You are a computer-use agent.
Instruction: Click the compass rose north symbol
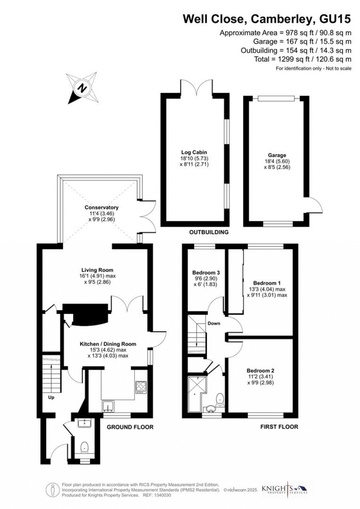coord(83,87)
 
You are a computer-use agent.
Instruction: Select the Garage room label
coord(277,155)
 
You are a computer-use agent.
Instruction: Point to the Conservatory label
coord(101,207)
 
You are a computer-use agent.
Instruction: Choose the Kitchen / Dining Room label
coord(108,344)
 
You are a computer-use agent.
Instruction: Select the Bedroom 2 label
coord(260,371)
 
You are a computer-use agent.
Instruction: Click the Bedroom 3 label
coord(206,273)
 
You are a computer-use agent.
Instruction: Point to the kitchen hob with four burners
coord(140,387)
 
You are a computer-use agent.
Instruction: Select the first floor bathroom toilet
coord(220,398)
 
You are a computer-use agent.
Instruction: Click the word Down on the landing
coord(214,323)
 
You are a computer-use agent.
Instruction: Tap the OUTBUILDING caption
coord(209,232)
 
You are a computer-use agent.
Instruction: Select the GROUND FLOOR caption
coord(130,427)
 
